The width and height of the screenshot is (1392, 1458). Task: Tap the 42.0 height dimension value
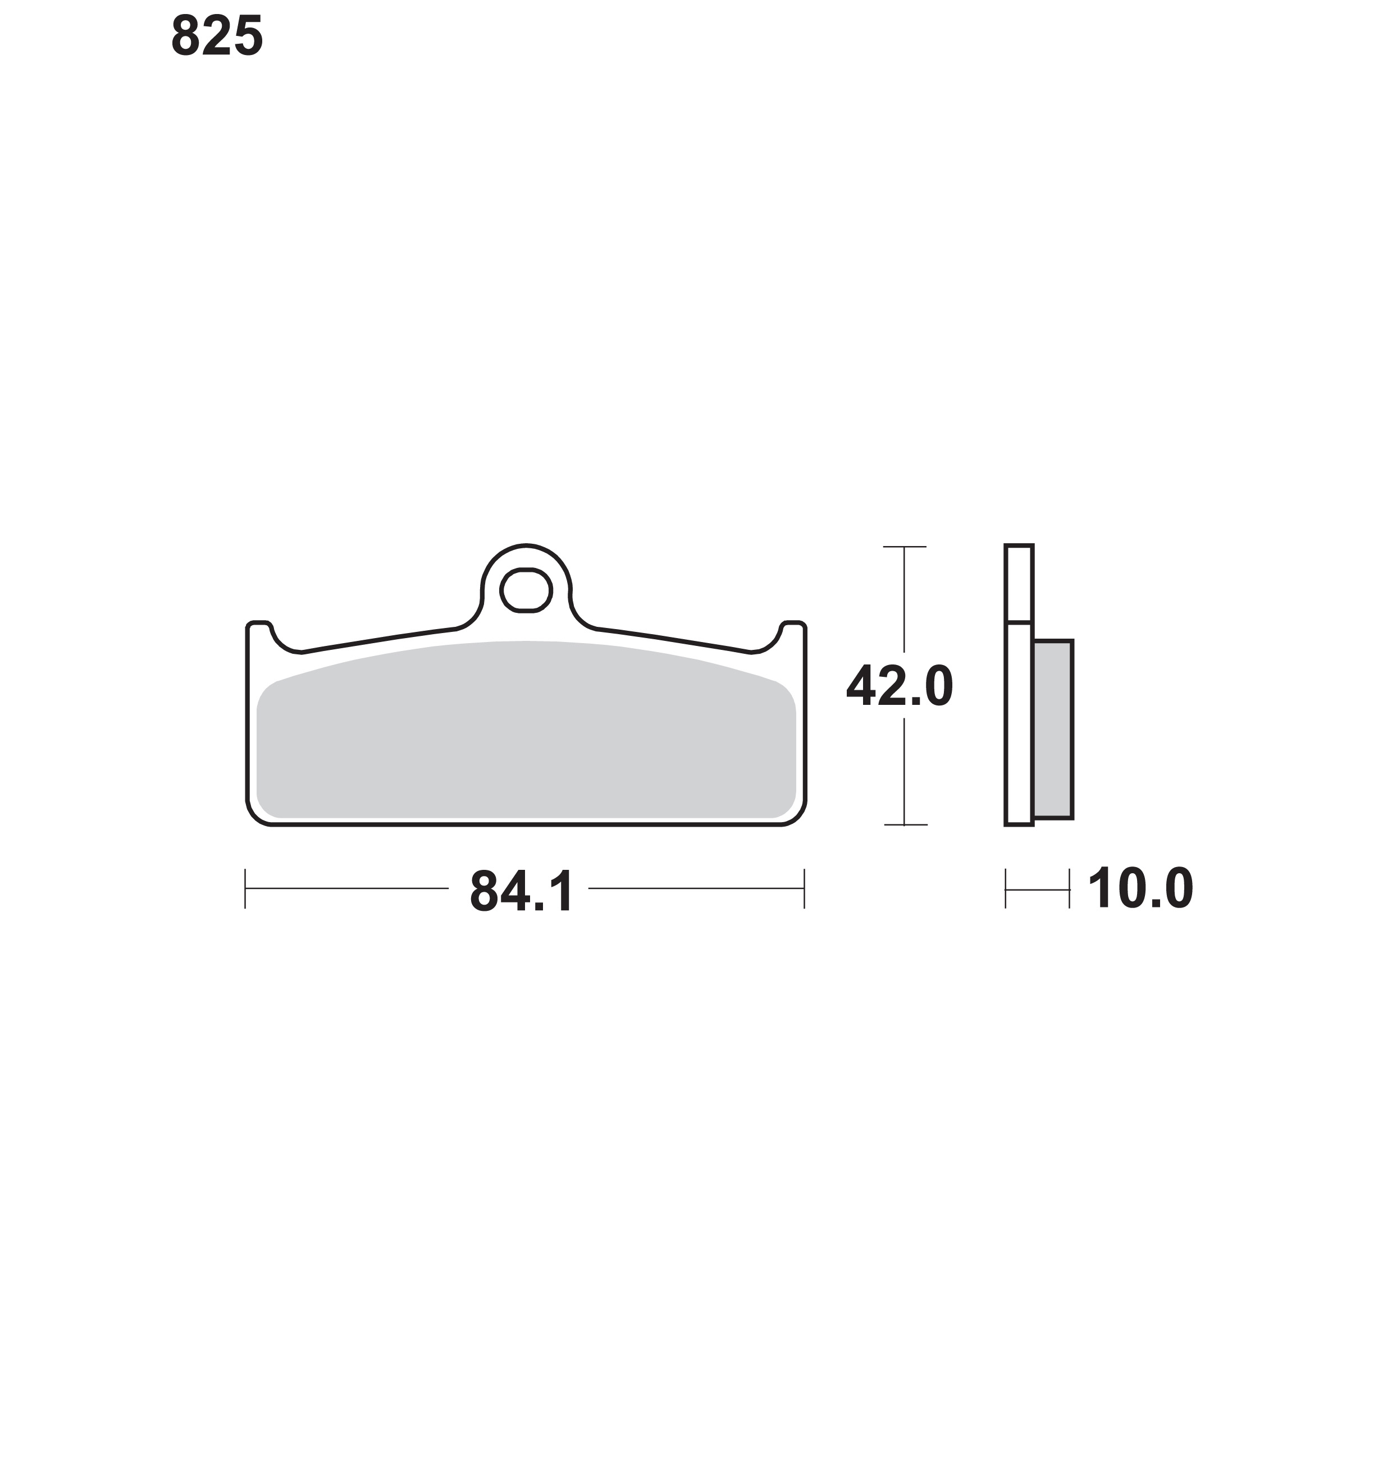(900, 686)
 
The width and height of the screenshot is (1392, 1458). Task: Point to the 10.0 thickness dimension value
(1140, 888)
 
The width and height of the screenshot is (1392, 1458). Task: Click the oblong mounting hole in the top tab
(526, 590)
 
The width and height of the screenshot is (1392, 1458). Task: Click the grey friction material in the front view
(526, 731)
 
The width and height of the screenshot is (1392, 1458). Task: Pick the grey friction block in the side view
(1053, 730)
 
